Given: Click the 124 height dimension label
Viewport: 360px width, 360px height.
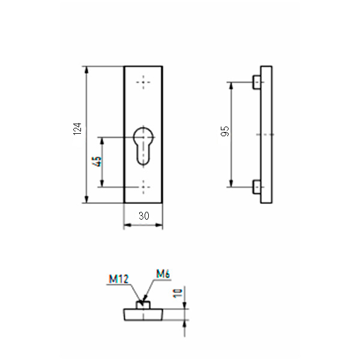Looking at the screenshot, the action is (77, 129).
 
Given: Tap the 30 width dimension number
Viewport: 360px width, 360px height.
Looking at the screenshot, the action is (144, 216).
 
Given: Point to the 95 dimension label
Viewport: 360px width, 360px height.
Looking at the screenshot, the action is (225, 131).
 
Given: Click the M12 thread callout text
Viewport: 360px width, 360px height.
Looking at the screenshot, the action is (119, 279).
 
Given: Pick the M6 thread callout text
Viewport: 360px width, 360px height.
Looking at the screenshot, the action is (163, 274).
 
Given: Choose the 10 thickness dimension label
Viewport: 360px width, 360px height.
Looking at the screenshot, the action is (178, 293).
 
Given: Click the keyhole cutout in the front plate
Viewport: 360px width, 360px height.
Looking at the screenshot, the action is (143, 146).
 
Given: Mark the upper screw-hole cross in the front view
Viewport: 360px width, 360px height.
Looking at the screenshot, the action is (143, 82).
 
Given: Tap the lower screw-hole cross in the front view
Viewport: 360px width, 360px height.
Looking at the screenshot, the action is (143, 187).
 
